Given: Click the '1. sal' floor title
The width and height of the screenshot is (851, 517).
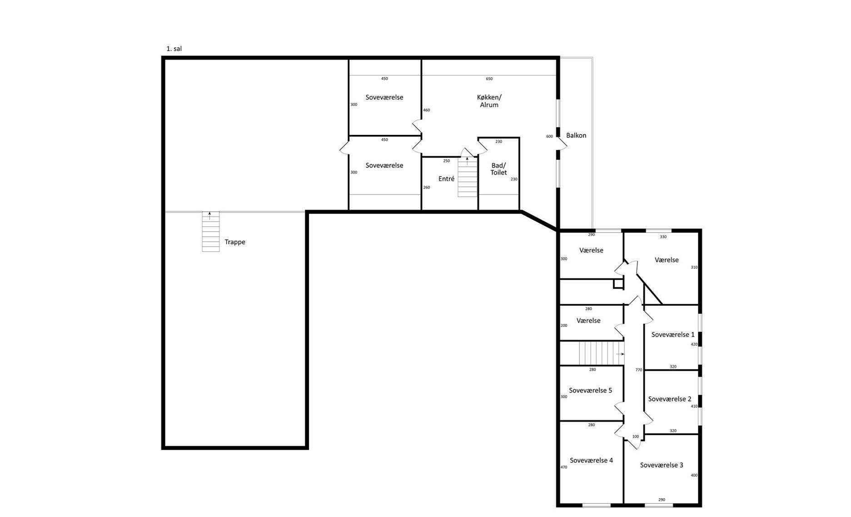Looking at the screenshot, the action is click(x=174, y=49).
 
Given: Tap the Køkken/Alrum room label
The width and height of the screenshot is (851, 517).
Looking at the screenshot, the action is click(x=489, y=101).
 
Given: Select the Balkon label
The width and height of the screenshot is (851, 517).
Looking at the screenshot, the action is click(x=576, y=135).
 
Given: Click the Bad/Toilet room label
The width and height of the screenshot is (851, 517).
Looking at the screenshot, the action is click(x=498, y=169).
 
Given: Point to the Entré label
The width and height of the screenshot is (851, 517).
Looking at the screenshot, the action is click(x=446, y=179).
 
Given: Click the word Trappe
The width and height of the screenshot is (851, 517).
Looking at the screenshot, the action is click(x=235, y=242).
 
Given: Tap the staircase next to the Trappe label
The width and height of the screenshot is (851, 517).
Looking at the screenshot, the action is click(x=210, y=232).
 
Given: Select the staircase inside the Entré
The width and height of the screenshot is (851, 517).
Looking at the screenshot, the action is click(x=467, y=177).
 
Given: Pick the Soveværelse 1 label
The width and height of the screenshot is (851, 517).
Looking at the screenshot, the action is click(x=673, y=335).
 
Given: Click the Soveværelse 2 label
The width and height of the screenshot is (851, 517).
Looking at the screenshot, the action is click(x=670, y=399).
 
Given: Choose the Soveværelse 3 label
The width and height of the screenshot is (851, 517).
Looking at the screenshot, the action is click(x=662, y=465).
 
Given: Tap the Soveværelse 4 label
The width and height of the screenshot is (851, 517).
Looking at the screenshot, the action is click(x=591, y=461).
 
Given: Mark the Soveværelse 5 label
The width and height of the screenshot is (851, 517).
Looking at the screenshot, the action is click(x=590, y=391).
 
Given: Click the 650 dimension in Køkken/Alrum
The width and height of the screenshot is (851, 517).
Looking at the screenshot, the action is click(x=489, y=79).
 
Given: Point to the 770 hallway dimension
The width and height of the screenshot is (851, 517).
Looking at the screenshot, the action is click(x=639, y=370).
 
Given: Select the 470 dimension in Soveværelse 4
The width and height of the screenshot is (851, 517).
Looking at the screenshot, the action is click(x=564, y=467).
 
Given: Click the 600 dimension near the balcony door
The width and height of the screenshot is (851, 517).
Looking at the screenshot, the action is click(x=549, y=137).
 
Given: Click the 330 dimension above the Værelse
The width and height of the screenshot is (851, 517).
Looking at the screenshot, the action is click(x=663, y=237).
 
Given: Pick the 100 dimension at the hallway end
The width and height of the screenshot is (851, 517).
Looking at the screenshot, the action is click(x=636, y=437).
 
